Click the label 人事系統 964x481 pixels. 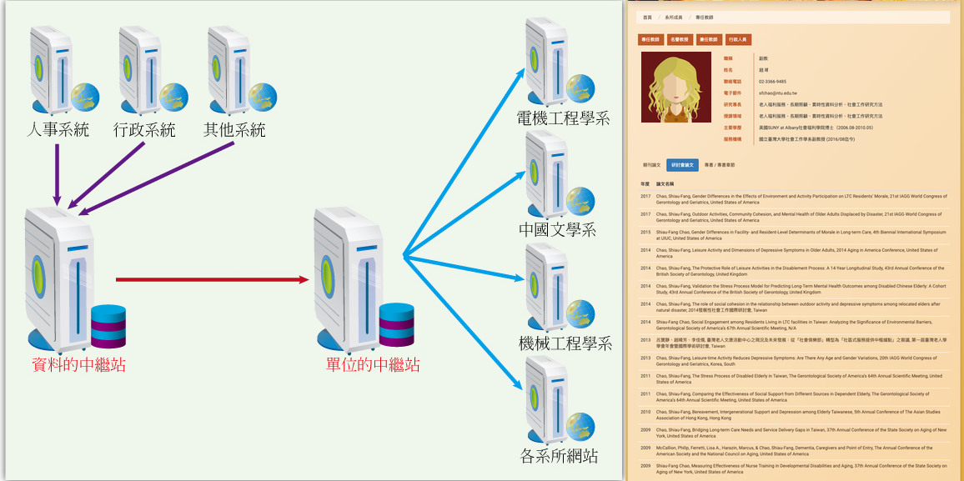58,130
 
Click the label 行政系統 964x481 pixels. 144,130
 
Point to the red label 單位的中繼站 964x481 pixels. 373,365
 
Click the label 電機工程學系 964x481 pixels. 563,118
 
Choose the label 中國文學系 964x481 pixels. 558,229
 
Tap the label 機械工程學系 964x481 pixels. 565,343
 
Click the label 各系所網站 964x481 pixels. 559,456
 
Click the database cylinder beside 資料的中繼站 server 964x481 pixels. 108,326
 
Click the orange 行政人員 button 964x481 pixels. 738,39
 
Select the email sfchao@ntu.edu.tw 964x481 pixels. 777,93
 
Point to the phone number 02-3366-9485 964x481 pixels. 772,82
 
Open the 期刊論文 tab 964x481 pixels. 650,165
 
